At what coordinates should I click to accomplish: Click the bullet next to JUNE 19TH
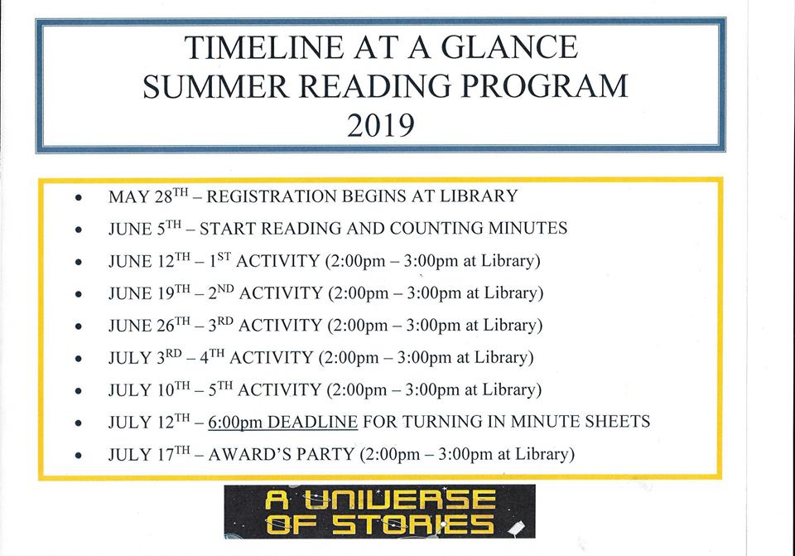click(78, 294)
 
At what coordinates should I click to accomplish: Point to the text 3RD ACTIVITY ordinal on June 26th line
click(221, 325)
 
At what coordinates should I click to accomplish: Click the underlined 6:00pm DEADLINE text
click(282, 422)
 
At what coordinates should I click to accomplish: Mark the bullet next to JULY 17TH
click(78, 456)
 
